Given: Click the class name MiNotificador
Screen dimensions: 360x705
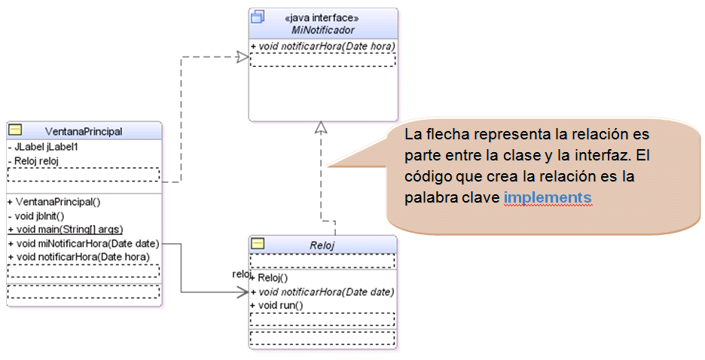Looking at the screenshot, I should point(322,30).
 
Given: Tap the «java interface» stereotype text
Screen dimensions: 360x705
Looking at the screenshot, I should point(322,18).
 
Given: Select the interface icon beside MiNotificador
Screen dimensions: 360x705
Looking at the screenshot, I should point(258,17).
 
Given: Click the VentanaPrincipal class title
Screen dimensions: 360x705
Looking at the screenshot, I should point(84,132).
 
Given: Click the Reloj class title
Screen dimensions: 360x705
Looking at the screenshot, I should point(322,245).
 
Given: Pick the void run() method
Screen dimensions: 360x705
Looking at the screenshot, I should point(276,305).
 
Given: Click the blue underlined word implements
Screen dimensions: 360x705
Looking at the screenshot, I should point(548,197).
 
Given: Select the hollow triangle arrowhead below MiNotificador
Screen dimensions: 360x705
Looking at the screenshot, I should point(322,127).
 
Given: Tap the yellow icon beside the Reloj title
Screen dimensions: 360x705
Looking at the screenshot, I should point(258,244).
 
